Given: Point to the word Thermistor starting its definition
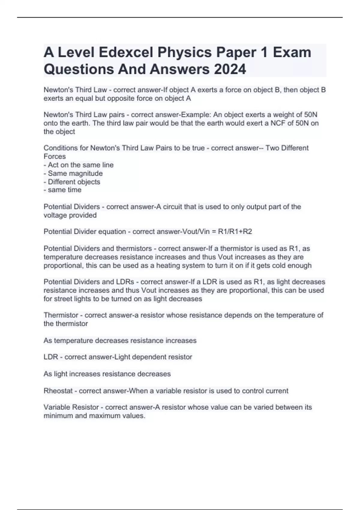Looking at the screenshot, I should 61,315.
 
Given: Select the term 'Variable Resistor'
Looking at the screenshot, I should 71,407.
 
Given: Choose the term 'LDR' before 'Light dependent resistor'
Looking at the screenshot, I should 51,357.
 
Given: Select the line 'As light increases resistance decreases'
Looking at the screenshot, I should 107,374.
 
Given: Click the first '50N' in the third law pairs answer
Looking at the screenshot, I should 310,115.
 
